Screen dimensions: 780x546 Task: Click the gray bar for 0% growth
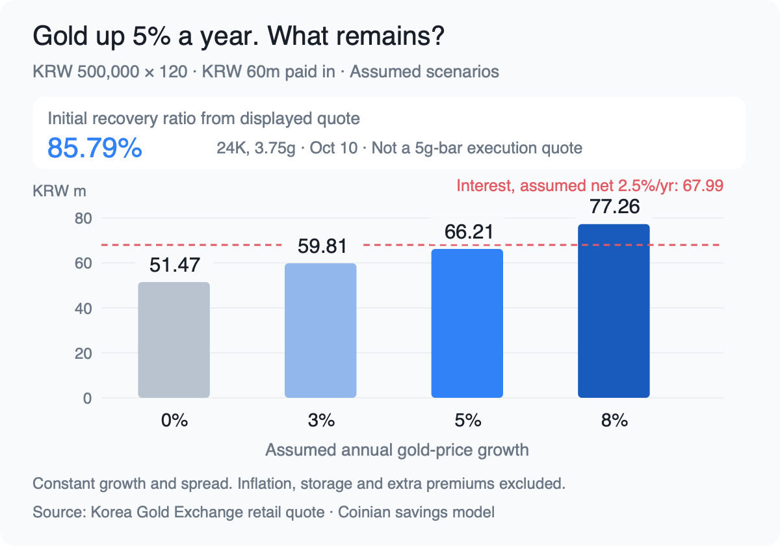coord(174,340)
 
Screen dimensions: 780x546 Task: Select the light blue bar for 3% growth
coord(320,330)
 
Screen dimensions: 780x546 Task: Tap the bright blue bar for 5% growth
coord(467,323)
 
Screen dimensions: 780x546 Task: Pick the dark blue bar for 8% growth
coord(614,311)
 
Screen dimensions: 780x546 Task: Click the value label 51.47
coord(174,265)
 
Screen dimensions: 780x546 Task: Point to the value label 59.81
coord(322,246)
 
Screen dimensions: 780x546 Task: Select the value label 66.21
coord(469,231)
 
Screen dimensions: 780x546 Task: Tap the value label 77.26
coord(615,206)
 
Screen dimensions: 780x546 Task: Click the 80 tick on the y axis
coord(83,218)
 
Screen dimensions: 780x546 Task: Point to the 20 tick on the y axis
coord(83,354)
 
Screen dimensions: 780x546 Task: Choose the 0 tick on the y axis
coord(87,398)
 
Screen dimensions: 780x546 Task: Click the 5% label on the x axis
coord(467,421)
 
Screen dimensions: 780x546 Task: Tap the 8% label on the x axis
coord(614,421)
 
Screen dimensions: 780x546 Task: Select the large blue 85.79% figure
coord(95,148)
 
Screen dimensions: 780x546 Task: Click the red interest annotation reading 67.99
coord(590,186)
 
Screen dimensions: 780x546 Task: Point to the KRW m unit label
coord(59,191)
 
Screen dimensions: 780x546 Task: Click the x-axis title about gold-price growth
coord(397,450)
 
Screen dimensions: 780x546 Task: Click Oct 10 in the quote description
coord(333,148)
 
